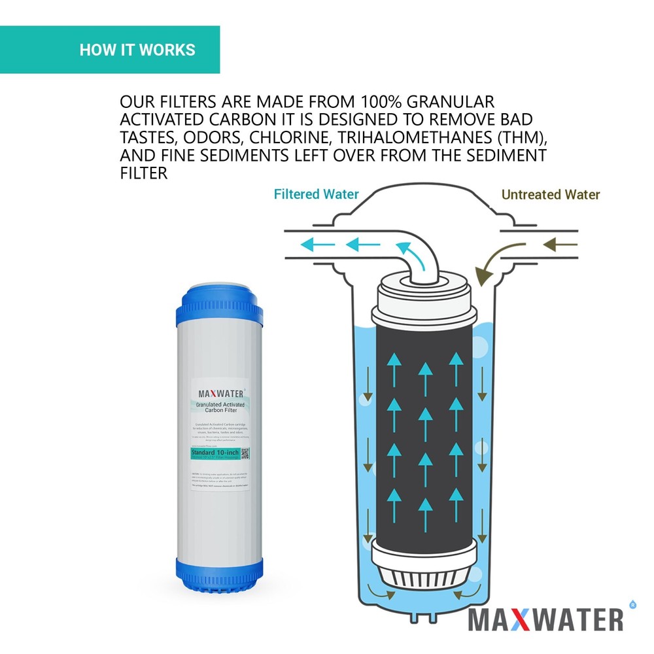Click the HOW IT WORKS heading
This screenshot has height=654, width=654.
[x=137, y=50]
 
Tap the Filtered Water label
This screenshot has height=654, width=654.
[x=316, y=194]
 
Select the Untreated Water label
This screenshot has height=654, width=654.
[x=550, y=194]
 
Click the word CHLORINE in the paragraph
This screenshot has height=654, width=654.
[x=276, y=137]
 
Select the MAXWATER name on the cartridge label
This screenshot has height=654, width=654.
[x=221, y=394]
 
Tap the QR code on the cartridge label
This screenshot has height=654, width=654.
[x=245, y=453]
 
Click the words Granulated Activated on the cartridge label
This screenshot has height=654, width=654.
[x=220, y=405]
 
